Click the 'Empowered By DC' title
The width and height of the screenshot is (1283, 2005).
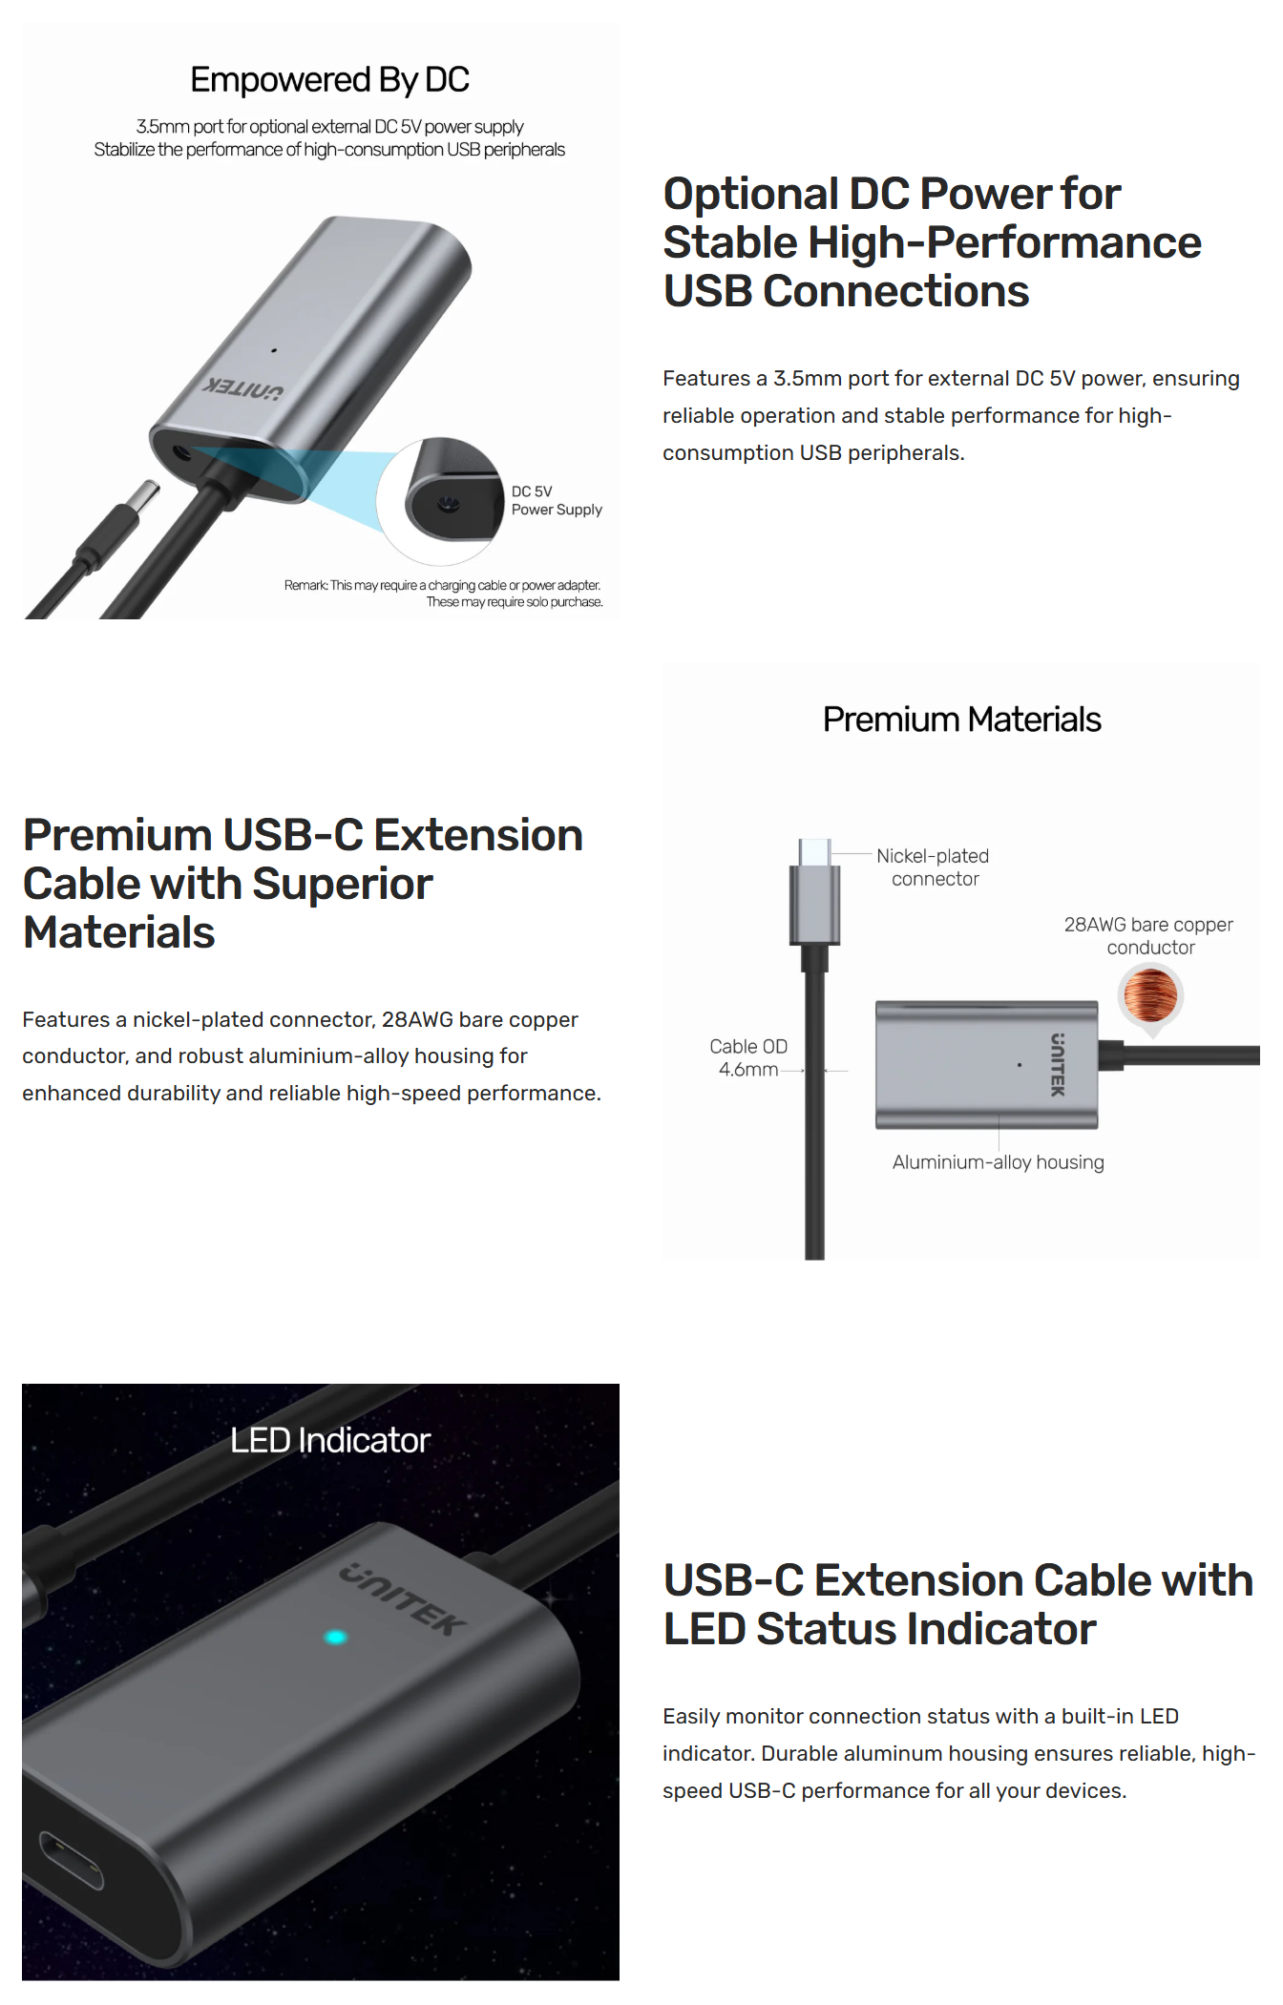[329, 80]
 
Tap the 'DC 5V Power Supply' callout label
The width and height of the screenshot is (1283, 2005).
[557, 500]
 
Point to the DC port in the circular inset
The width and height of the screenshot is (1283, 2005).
[446, 504]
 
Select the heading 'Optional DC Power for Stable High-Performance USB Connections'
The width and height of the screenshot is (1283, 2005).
[932, 242]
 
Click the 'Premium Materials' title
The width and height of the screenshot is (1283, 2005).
[961, 720]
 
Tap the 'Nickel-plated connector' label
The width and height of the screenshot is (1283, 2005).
[933, 867]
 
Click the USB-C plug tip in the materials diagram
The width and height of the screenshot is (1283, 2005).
[814, 852]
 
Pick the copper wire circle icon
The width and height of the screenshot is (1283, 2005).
[1150, 994]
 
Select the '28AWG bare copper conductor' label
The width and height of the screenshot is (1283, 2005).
[1148, 936]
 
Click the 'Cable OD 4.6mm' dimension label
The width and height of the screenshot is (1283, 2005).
[748, 1057]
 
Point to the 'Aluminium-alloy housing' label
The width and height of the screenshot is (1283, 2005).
[998, 1162]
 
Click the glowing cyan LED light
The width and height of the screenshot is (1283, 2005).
[336, 1638]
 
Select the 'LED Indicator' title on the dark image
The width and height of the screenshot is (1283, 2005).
[330, 1440]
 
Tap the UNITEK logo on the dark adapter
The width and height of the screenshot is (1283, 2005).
[404, 1599]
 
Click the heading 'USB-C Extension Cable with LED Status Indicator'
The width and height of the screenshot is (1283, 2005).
[957, 1604]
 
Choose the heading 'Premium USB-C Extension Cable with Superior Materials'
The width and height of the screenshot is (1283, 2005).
[303, 884]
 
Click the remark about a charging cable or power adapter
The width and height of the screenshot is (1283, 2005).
[444, 594]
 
